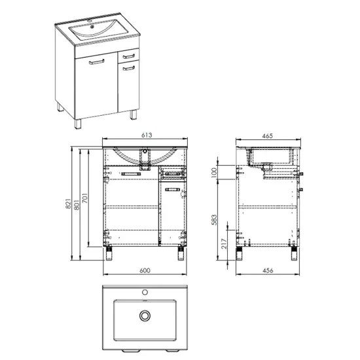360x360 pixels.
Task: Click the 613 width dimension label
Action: coord(147,135)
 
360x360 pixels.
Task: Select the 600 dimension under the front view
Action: coord(145,270)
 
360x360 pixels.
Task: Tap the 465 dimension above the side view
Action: coord(267,136)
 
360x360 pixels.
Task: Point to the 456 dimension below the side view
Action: coord(268,270)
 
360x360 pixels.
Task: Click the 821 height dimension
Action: coord(68,204)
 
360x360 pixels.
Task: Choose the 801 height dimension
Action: coord(77,205)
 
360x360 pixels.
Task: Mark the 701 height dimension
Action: coord(84,198)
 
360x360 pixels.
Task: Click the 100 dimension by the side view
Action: coord(214,173)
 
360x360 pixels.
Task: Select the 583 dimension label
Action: coord(214,220)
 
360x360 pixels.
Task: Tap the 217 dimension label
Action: coord(224,243)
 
